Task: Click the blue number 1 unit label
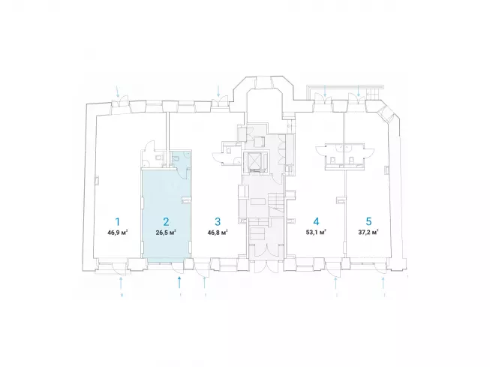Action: pos(118,221)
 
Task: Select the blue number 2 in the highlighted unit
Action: pos(166,221)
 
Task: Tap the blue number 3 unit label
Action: pos(218,221)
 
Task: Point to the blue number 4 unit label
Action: pos(316,221)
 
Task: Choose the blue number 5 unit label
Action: pos(368,221)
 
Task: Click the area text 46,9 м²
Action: pos(118,233)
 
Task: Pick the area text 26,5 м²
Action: pos(166,233)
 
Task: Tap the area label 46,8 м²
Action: pos(217,233)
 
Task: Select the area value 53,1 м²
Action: pos(316,233)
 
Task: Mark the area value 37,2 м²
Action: pos(368,233)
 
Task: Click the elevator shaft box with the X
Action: pos(256,161)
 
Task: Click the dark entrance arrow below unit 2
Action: pos(179,282)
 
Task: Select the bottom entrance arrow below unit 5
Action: pos(383,283)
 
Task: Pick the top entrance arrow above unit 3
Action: pos(218,91)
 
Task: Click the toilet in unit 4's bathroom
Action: pos(332,160)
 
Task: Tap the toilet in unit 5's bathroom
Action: pos(351,160)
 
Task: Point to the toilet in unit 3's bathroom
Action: pos(230,150)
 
